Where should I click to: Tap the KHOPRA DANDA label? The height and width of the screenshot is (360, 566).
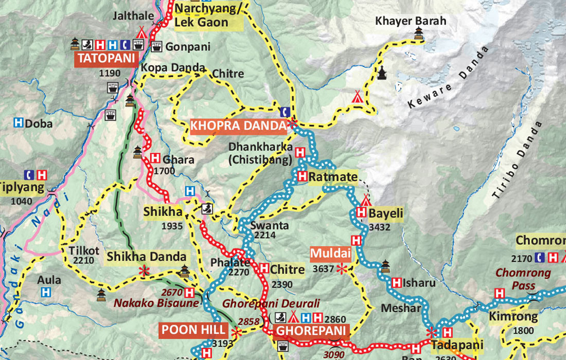click(x=238, y=126)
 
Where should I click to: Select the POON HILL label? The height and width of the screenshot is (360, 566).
click(x=193, y=330)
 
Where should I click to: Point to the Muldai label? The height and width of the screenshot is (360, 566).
click(x=330, y=254)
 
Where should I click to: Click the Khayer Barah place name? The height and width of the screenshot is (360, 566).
click(x=411, y=21)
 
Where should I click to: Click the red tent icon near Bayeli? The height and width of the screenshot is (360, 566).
click(x=366, y=200)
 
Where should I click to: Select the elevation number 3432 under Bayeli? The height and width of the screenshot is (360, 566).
click(x=380, y=227)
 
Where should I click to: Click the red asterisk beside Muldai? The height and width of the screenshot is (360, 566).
click(x=341, y=268)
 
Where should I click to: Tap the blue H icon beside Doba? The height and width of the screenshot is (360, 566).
click(x=19, y=123)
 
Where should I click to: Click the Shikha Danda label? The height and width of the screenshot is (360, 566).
click(x=147, y=256)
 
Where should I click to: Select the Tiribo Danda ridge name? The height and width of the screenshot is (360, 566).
click(x=517, y=160)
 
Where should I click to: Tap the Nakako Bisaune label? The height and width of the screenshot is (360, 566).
click(x=156, y=303)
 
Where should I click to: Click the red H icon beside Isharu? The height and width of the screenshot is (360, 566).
click(x=397, y=282)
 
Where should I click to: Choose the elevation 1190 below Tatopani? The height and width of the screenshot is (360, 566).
click(x=110, y=74)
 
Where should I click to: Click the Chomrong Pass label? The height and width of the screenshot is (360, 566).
click(x=523, y=279)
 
